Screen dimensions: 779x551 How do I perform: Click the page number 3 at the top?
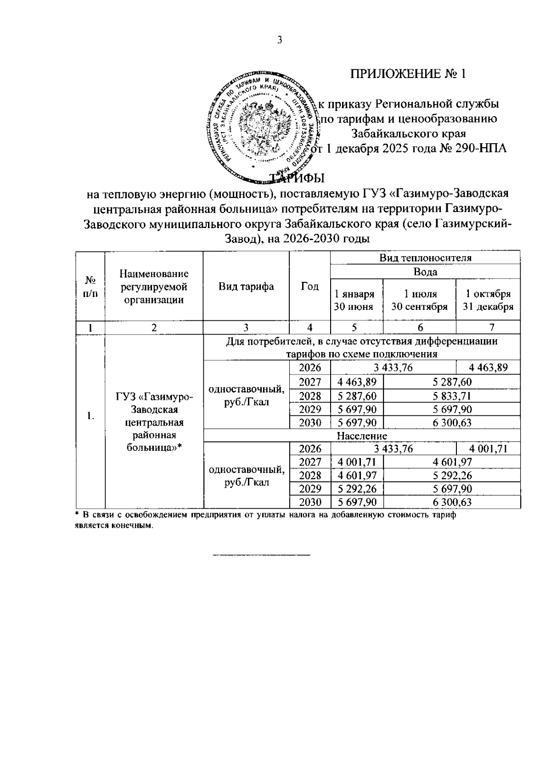(x=280, y=40)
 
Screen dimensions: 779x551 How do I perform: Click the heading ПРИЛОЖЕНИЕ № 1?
(x=408, y=74)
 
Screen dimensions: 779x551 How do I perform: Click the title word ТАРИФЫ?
(x=297, y=178)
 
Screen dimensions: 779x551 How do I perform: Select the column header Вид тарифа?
(x=246, y=286)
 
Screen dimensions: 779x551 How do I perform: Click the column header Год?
(x=309, y=286)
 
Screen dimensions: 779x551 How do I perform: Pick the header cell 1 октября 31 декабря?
(x=488, y=300)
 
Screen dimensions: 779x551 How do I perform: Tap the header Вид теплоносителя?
(x=425, y=258)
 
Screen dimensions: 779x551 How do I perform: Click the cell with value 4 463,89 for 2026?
(x=488, y=368)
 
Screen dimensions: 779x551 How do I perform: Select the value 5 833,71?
(x=451, y=396)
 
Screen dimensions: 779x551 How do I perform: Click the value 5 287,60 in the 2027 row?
(x=451, y=382)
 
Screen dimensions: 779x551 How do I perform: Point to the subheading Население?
(x=362, y=436)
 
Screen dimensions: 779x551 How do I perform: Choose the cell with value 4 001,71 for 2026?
(x=488, y=449)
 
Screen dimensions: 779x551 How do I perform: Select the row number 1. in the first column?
(x=90, y=416)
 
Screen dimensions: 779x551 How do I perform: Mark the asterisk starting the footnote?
(x=78, y=515)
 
